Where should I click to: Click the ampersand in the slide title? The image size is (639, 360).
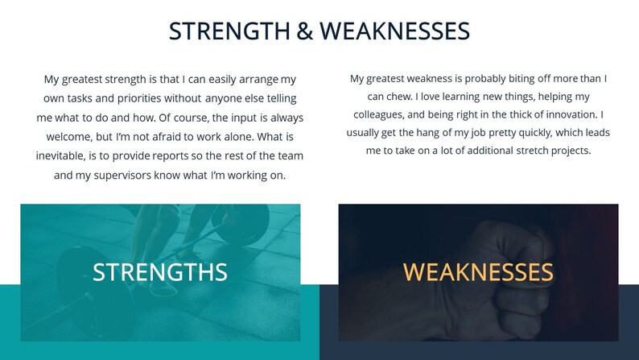[305, 31]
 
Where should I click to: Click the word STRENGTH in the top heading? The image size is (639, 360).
[229, 31]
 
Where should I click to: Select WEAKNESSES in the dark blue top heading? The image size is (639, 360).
[394, 31]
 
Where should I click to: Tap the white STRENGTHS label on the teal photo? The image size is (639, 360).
[160, 272]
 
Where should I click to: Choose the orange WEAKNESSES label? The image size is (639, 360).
[478, 272]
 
